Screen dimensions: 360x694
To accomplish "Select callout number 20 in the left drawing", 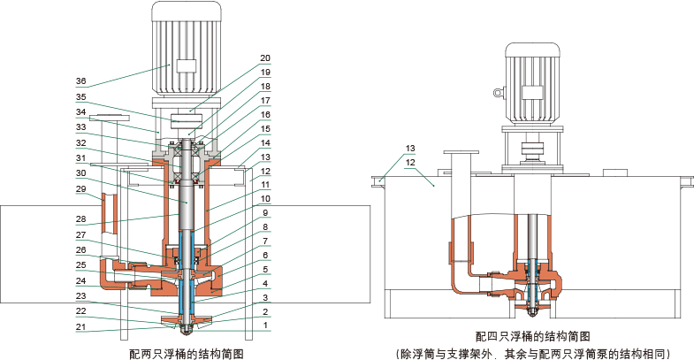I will (x=265, y=58).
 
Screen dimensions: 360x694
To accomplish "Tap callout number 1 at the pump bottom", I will (x=265, y=326).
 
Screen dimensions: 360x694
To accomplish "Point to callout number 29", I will (x=80, y=189).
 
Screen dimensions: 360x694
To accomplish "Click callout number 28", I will (x=80, y=218).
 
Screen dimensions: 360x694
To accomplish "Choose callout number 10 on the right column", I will (x=265, y=200).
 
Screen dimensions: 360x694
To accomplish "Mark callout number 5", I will (x=265, y=269).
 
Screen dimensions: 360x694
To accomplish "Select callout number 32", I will (x=80, y=142).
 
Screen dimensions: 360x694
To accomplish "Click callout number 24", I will (x=80, y=282).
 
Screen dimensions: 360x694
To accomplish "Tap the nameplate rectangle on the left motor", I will (x=185, y=65).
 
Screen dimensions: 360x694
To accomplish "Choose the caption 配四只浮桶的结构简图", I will (x=532, y=337).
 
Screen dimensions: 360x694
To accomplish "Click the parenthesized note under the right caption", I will (x=532, y=353).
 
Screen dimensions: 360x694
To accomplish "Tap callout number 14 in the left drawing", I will (x=265, y=142).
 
